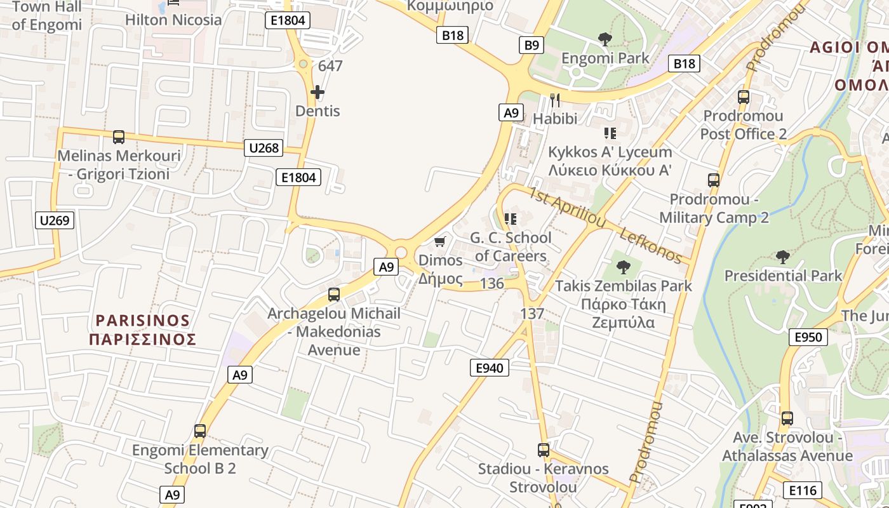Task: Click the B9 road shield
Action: click(x=531, y=45)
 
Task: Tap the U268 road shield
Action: click(x=264, y=148)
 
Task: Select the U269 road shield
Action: click(x=55, y=221)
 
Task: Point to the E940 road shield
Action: click(x=489, y=367)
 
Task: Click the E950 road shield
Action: click(x=808, y=337)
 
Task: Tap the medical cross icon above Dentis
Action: click(x=317, y=93)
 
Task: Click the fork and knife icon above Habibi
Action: click(x=555, y=100)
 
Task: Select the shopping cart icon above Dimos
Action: click(x=439, y=242)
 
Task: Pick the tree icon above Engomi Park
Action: click(x=605, y=39)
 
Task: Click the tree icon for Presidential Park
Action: click(x=783, y=257)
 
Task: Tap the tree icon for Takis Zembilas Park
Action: click(x=624, y=267)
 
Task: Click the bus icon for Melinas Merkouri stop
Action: click(x=119, y=137)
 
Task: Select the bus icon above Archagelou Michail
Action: click(x=334, y=295)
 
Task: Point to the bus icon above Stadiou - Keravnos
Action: click(x=544, y=450)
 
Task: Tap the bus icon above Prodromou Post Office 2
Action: click(x=744, y=97)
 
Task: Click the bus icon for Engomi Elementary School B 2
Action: click(x=200, y=431)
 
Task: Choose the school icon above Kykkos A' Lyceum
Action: click(x=610, y=133)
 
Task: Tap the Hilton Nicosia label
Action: click(x=173, y=20)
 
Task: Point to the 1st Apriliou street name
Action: click(x=567, y=207)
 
